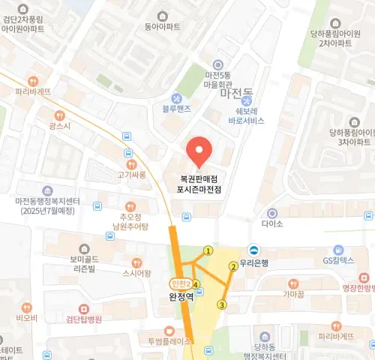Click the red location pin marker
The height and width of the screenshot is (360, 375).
[x=199, y=152]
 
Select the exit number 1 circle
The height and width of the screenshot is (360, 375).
[x=208, y=250]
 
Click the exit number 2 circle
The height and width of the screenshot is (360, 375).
[x=233, y=266]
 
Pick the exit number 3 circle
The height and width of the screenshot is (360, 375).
[x=221, y=304]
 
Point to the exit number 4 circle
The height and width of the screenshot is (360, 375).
[x=196, y=284]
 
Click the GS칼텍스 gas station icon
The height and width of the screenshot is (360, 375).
[x=339, y=250]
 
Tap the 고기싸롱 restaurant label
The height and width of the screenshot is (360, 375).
[x=131, y=175]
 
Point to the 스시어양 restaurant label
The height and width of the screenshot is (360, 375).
[x=136, y=274]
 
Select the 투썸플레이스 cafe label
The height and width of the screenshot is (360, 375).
[x=170, y=340]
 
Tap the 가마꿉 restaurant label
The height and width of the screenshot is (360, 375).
[x=292, y=295]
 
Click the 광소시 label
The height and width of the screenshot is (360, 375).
[x=59, y=127]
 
